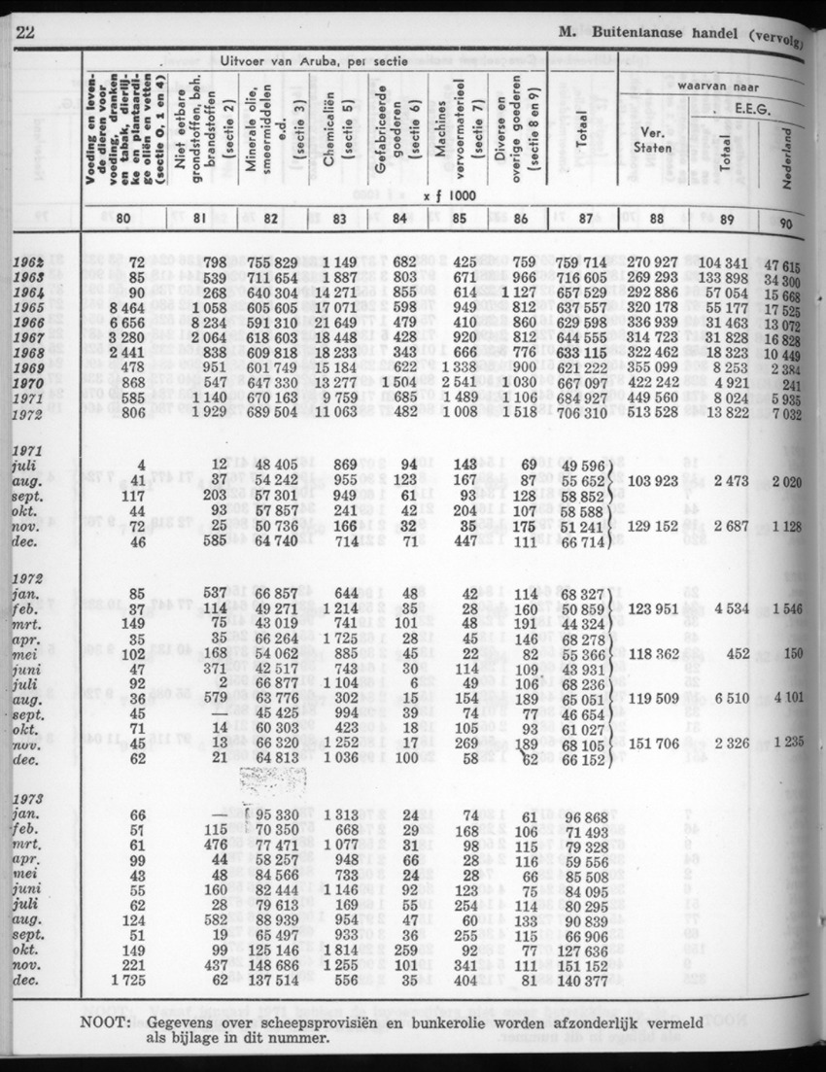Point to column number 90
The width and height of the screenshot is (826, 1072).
coord(786,223)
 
